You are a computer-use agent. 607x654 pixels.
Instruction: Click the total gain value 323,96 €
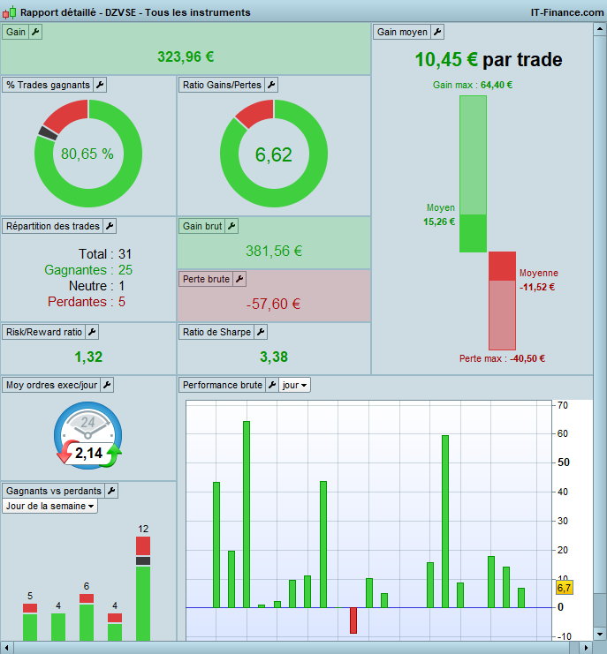coord(186,56)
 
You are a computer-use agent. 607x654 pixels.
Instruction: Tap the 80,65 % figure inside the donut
coord(87,154)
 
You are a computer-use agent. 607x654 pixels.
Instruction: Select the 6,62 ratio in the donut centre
coord(273,154)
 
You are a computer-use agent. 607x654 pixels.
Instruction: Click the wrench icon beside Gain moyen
coord(436,32)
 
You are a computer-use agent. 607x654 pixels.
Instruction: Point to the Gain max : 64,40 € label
coord(473,85)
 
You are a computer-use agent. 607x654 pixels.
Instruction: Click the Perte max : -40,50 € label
coord(502,358)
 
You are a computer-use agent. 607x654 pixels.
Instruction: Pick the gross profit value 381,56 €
coord(274,251)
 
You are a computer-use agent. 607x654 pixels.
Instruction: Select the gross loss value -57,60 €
coord(274,304)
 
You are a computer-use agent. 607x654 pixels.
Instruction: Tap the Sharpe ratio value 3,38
coord(274,357)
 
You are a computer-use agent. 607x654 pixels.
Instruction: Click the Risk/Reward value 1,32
coord(88,357)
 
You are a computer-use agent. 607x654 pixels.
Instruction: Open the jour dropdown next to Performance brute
coord(295,385)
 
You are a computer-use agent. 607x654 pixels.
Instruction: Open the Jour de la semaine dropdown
coord(50,506)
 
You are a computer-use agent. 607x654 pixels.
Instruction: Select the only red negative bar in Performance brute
coord(353,620)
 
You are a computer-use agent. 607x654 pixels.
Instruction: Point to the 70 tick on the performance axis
coord(562,405)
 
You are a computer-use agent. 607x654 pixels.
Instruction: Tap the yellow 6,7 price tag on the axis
coord(565,587)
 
